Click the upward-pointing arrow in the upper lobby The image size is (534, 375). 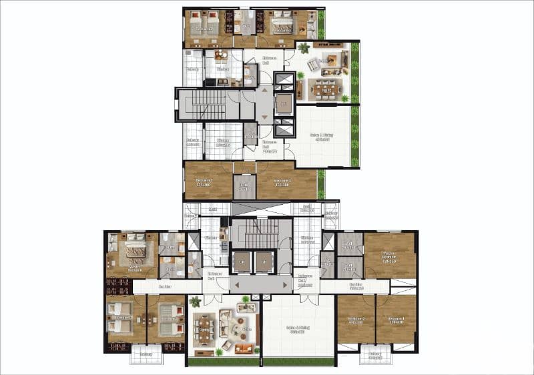266,89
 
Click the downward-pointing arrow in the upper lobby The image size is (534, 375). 266,118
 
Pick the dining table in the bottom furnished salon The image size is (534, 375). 205,327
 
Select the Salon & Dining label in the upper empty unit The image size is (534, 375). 322,137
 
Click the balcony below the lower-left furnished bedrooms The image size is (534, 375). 144,353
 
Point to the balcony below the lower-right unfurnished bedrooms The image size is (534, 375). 376,354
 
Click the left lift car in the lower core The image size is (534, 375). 242,262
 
